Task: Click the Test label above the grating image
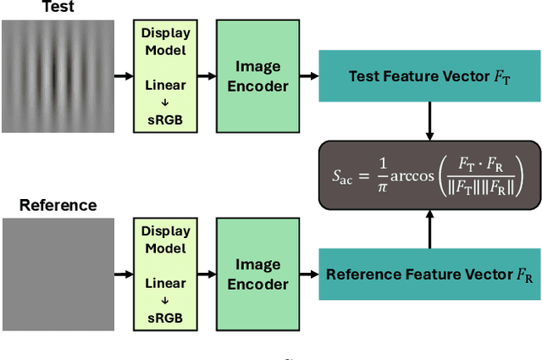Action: [x=57, y=7]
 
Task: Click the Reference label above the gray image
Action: [x=58, y=205]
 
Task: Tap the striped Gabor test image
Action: [x=58, y=76]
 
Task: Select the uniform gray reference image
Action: [x=58, y=274]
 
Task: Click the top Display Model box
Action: [x=165, y=75]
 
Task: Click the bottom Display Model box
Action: [x=165, y=274]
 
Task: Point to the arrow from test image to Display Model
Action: [x=124, y=76]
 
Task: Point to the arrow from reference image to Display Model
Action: [x=124, y=274]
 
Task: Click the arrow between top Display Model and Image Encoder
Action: [x=207, y=76]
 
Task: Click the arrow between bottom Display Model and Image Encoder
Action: [x=207, y=274]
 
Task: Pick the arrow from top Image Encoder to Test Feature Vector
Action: [x=308, y=76]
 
